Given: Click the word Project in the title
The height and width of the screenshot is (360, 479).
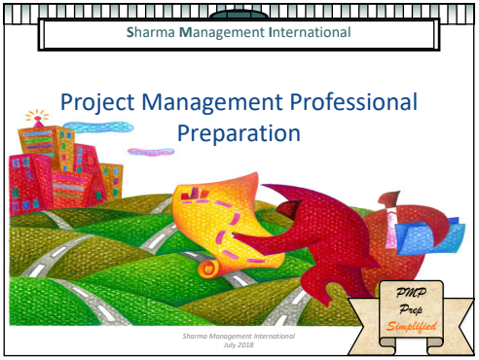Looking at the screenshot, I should pos(94,101).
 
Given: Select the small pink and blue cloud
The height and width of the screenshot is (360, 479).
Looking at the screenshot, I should pos(150,151).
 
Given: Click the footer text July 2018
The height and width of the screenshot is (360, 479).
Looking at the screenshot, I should pos(238,344).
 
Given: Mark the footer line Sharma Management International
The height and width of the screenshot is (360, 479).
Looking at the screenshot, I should pos(239,336).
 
